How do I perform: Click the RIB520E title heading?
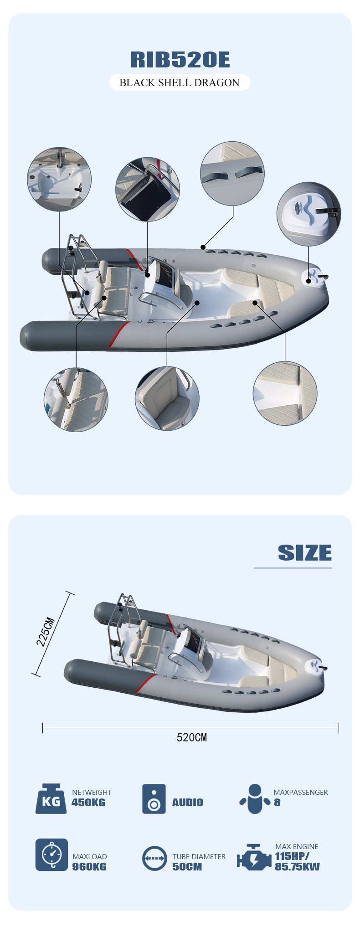[x=180, y=60]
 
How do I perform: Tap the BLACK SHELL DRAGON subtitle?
[x=180, y=82]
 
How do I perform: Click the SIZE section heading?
[x=304, y=553]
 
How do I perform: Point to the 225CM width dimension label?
[x=46, y=632]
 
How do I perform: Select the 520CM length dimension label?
[x=191, y=737]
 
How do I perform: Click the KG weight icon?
[x=51, y=799]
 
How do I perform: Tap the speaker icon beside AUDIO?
[x=154, y=799]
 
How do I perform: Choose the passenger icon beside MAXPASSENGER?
[x=255, y=799]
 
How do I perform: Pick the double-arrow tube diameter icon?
[x=154, y=858]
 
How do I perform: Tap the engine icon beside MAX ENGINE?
[x=254, y=857]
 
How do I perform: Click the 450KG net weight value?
[x=88, y=803]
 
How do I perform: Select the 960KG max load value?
[x=89, y=866]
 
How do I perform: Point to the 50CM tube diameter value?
[x=187, y=866]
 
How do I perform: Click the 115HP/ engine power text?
[x=292, y=856]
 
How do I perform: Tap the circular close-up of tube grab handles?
[x=232, y=173]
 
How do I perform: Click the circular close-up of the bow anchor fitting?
[x=309, y=214]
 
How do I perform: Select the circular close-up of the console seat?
[x=167, y=398]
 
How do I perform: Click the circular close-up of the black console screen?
[x=147, y=189]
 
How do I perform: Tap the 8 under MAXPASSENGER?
[x=277, y=803]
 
